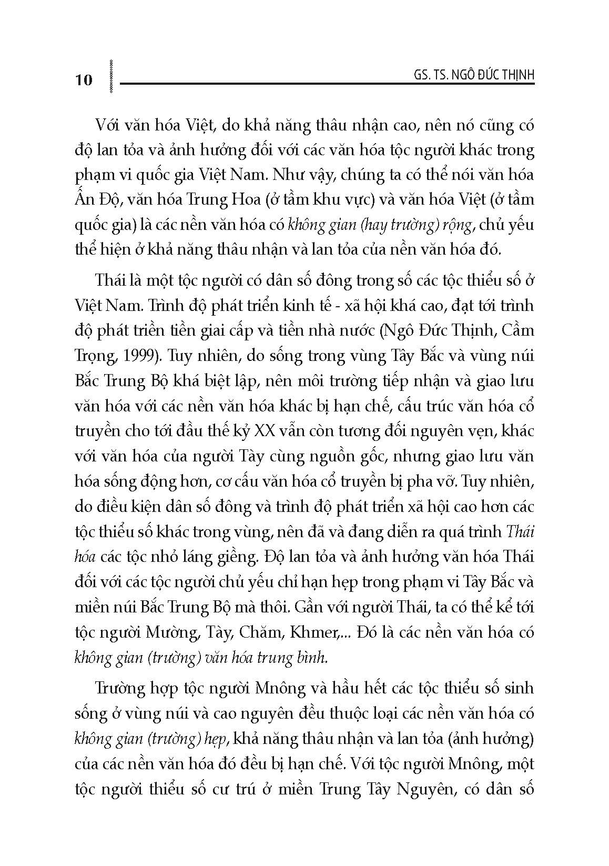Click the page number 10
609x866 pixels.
(x=84, y=80)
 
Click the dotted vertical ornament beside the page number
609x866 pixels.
(x=110, y=77)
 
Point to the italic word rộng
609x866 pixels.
(x=428, y=225)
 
